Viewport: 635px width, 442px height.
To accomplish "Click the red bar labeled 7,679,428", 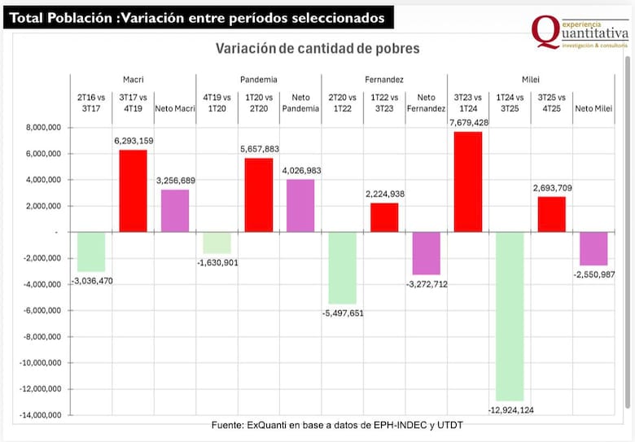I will click(x=468, y=182).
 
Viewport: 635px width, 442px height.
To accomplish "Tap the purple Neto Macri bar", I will click(x=175, y=211).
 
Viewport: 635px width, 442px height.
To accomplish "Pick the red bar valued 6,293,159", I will click(x=134, y=190).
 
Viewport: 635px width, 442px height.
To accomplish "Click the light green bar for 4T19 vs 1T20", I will click(x=217, y=243).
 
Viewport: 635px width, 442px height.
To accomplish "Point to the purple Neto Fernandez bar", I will click(x=426, y=253).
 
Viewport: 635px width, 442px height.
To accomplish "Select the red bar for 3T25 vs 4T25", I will click(x=552, y=214).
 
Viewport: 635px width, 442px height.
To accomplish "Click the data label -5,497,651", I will click(x=343, y=312).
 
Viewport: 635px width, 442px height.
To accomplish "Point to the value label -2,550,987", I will click(x=593, y=274).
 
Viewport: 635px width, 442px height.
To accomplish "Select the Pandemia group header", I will click(x=259, y=80).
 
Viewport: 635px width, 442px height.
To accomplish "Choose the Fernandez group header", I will click(x=384, y=80).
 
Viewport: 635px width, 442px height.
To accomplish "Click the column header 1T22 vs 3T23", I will click(x=384, y=103).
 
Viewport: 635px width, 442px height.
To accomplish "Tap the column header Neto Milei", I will click(x=593, y=107).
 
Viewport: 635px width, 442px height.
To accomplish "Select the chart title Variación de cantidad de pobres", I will click(x=317, y=49).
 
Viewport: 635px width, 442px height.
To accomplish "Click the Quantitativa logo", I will click(x=580, y=33).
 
